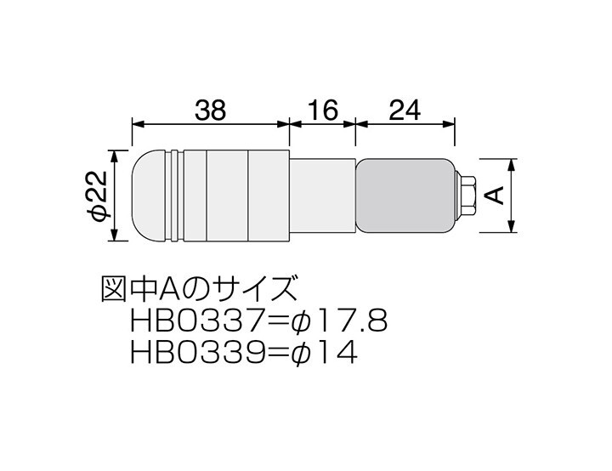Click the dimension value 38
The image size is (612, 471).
click(x=211, y=111)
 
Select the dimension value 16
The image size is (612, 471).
click(x=322, y=111)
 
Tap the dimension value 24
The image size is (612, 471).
click(x=405, y=111)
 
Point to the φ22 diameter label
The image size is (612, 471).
click(x=96, y=196)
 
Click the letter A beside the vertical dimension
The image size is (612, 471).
click(x=496, y=196)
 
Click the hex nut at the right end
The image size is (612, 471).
click(x=466, y=196)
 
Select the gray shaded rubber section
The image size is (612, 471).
click(x=405, y=196)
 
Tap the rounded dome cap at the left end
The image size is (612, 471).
click(x=149, y=196)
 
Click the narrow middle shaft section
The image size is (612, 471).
click(x=322, y=196)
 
